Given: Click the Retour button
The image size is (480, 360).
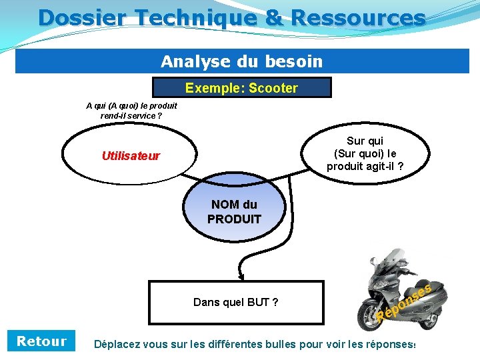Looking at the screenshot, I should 41,341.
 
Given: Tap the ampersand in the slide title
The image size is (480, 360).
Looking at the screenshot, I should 273,17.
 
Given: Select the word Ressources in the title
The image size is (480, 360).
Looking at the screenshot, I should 357,17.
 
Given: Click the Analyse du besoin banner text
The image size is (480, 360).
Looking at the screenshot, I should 241,62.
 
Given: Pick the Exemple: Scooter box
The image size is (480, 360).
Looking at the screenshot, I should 241,88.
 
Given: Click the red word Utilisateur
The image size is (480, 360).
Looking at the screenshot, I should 131,156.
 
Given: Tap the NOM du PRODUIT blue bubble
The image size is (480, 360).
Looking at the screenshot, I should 234,212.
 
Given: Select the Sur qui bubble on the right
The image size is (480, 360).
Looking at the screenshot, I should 364,154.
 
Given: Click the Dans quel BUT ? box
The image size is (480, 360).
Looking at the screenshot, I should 235,303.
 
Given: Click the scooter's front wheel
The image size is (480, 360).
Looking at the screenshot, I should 371,313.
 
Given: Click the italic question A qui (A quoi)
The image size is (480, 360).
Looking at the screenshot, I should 131,105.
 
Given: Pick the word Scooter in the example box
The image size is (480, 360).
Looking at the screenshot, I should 274,88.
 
